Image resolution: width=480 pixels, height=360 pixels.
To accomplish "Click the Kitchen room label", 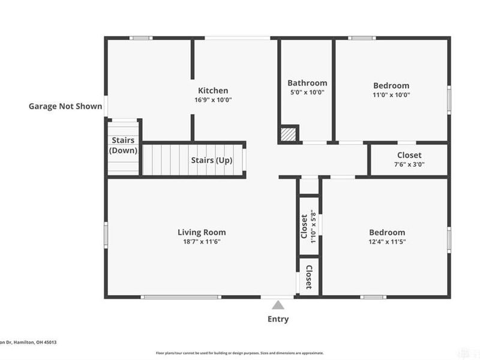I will [209, 91].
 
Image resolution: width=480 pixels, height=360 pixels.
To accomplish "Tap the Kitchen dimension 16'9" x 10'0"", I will [209, 100].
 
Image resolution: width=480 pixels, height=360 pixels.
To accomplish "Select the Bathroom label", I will [307, 83].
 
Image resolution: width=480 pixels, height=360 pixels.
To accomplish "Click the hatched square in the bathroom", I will [289, 134].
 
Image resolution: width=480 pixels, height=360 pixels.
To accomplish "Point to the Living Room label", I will [202, 232].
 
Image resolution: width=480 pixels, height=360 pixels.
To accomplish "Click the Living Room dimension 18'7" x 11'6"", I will [202, 242].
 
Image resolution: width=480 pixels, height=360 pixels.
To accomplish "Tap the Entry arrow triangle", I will [278, 305].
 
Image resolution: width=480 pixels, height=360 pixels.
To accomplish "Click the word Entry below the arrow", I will [278, 319].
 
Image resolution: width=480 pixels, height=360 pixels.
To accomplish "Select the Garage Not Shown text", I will [65, 107].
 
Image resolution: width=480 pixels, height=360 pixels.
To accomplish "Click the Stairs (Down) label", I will [123, 146].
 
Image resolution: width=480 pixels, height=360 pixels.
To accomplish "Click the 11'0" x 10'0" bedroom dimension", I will [391, 95].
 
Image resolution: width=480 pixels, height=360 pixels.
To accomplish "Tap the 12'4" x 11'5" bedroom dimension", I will [386, 242].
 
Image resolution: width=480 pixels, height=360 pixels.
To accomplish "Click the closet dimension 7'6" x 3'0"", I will [409, 164].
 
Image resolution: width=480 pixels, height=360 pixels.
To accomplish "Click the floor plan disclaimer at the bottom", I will [240, 353].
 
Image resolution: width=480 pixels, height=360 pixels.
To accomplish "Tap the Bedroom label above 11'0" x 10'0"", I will [391, 85].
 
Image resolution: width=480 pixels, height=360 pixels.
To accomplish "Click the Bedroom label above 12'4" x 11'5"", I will [386, 232].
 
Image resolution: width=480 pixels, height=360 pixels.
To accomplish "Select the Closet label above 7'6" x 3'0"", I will [409, 155].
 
